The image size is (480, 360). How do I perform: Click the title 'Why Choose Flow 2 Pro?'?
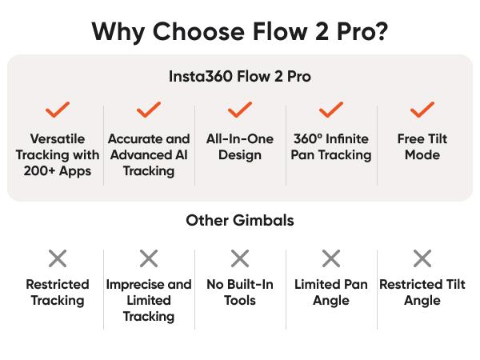(240, 31)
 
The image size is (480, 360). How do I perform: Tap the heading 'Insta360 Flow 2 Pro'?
(240, 77)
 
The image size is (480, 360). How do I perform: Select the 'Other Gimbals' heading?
(240, 220)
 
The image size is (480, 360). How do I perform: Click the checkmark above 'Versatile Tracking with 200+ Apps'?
(58, 110)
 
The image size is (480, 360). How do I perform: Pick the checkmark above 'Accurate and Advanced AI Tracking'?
(149, 110)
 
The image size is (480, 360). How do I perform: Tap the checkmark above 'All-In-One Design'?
(240, 110)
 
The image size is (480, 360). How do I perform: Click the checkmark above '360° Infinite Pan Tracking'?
(331, 110)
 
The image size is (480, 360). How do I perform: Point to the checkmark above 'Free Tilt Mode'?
(422, 110)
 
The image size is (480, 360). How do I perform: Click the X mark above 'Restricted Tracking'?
(58, 258)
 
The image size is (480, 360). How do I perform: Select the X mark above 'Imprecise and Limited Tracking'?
(149, 258)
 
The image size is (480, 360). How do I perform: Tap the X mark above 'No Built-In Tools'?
(240, 258)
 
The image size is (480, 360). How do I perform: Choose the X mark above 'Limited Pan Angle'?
(331, 258)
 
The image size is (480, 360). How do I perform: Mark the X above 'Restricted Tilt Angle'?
(422, 258)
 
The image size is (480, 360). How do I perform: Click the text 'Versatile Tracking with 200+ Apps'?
(58, 155)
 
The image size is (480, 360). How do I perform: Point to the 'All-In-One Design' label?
(240, 147)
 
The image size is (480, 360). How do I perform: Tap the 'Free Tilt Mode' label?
(422, 147)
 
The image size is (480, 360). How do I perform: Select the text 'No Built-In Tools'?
(240, 293)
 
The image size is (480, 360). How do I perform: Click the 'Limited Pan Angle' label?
(331, 293)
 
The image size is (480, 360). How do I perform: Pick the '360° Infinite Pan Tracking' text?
(331, 147)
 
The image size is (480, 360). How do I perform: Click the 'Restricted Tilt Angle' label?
(422, 293)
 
